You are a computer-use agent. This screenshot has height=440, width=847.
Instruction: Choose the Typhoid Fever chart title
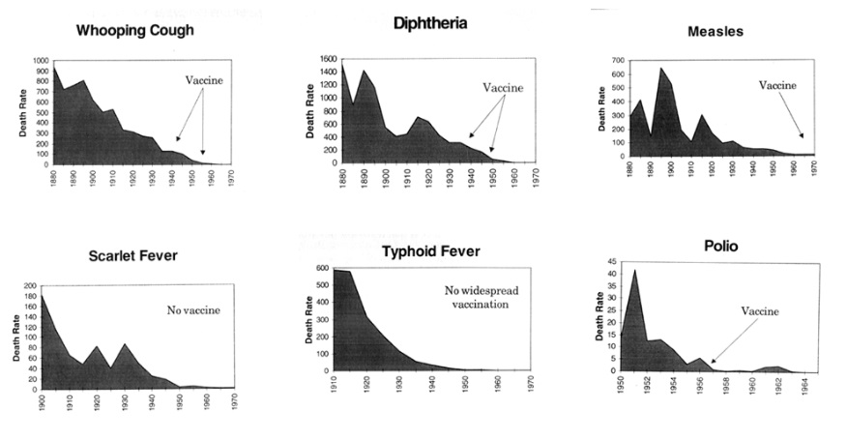431,251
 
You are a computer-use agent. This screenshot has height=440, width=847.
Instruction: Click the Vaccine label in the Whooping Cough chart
204,80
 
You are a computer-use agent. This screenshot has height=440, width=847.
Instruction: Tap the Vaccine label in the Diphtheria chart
503,87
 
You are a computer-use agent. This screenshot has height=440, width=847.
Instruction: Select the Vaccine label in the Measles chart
777,85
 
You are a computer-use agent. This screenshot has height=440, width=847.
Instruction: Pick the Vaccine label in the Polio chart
759,311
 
